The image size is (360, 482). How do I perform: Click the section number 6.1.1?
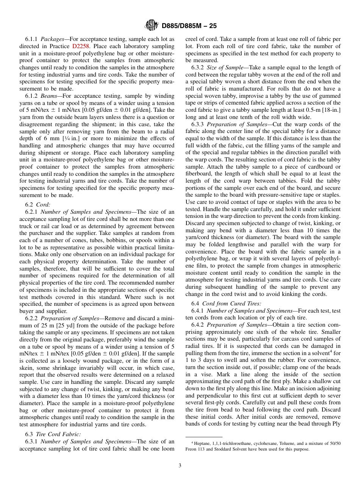coord(32,39)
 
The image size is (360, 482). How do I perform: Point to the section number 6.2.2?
coord(32,318)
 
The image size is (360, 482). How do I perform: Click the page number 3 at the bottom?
coord(180,466)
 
